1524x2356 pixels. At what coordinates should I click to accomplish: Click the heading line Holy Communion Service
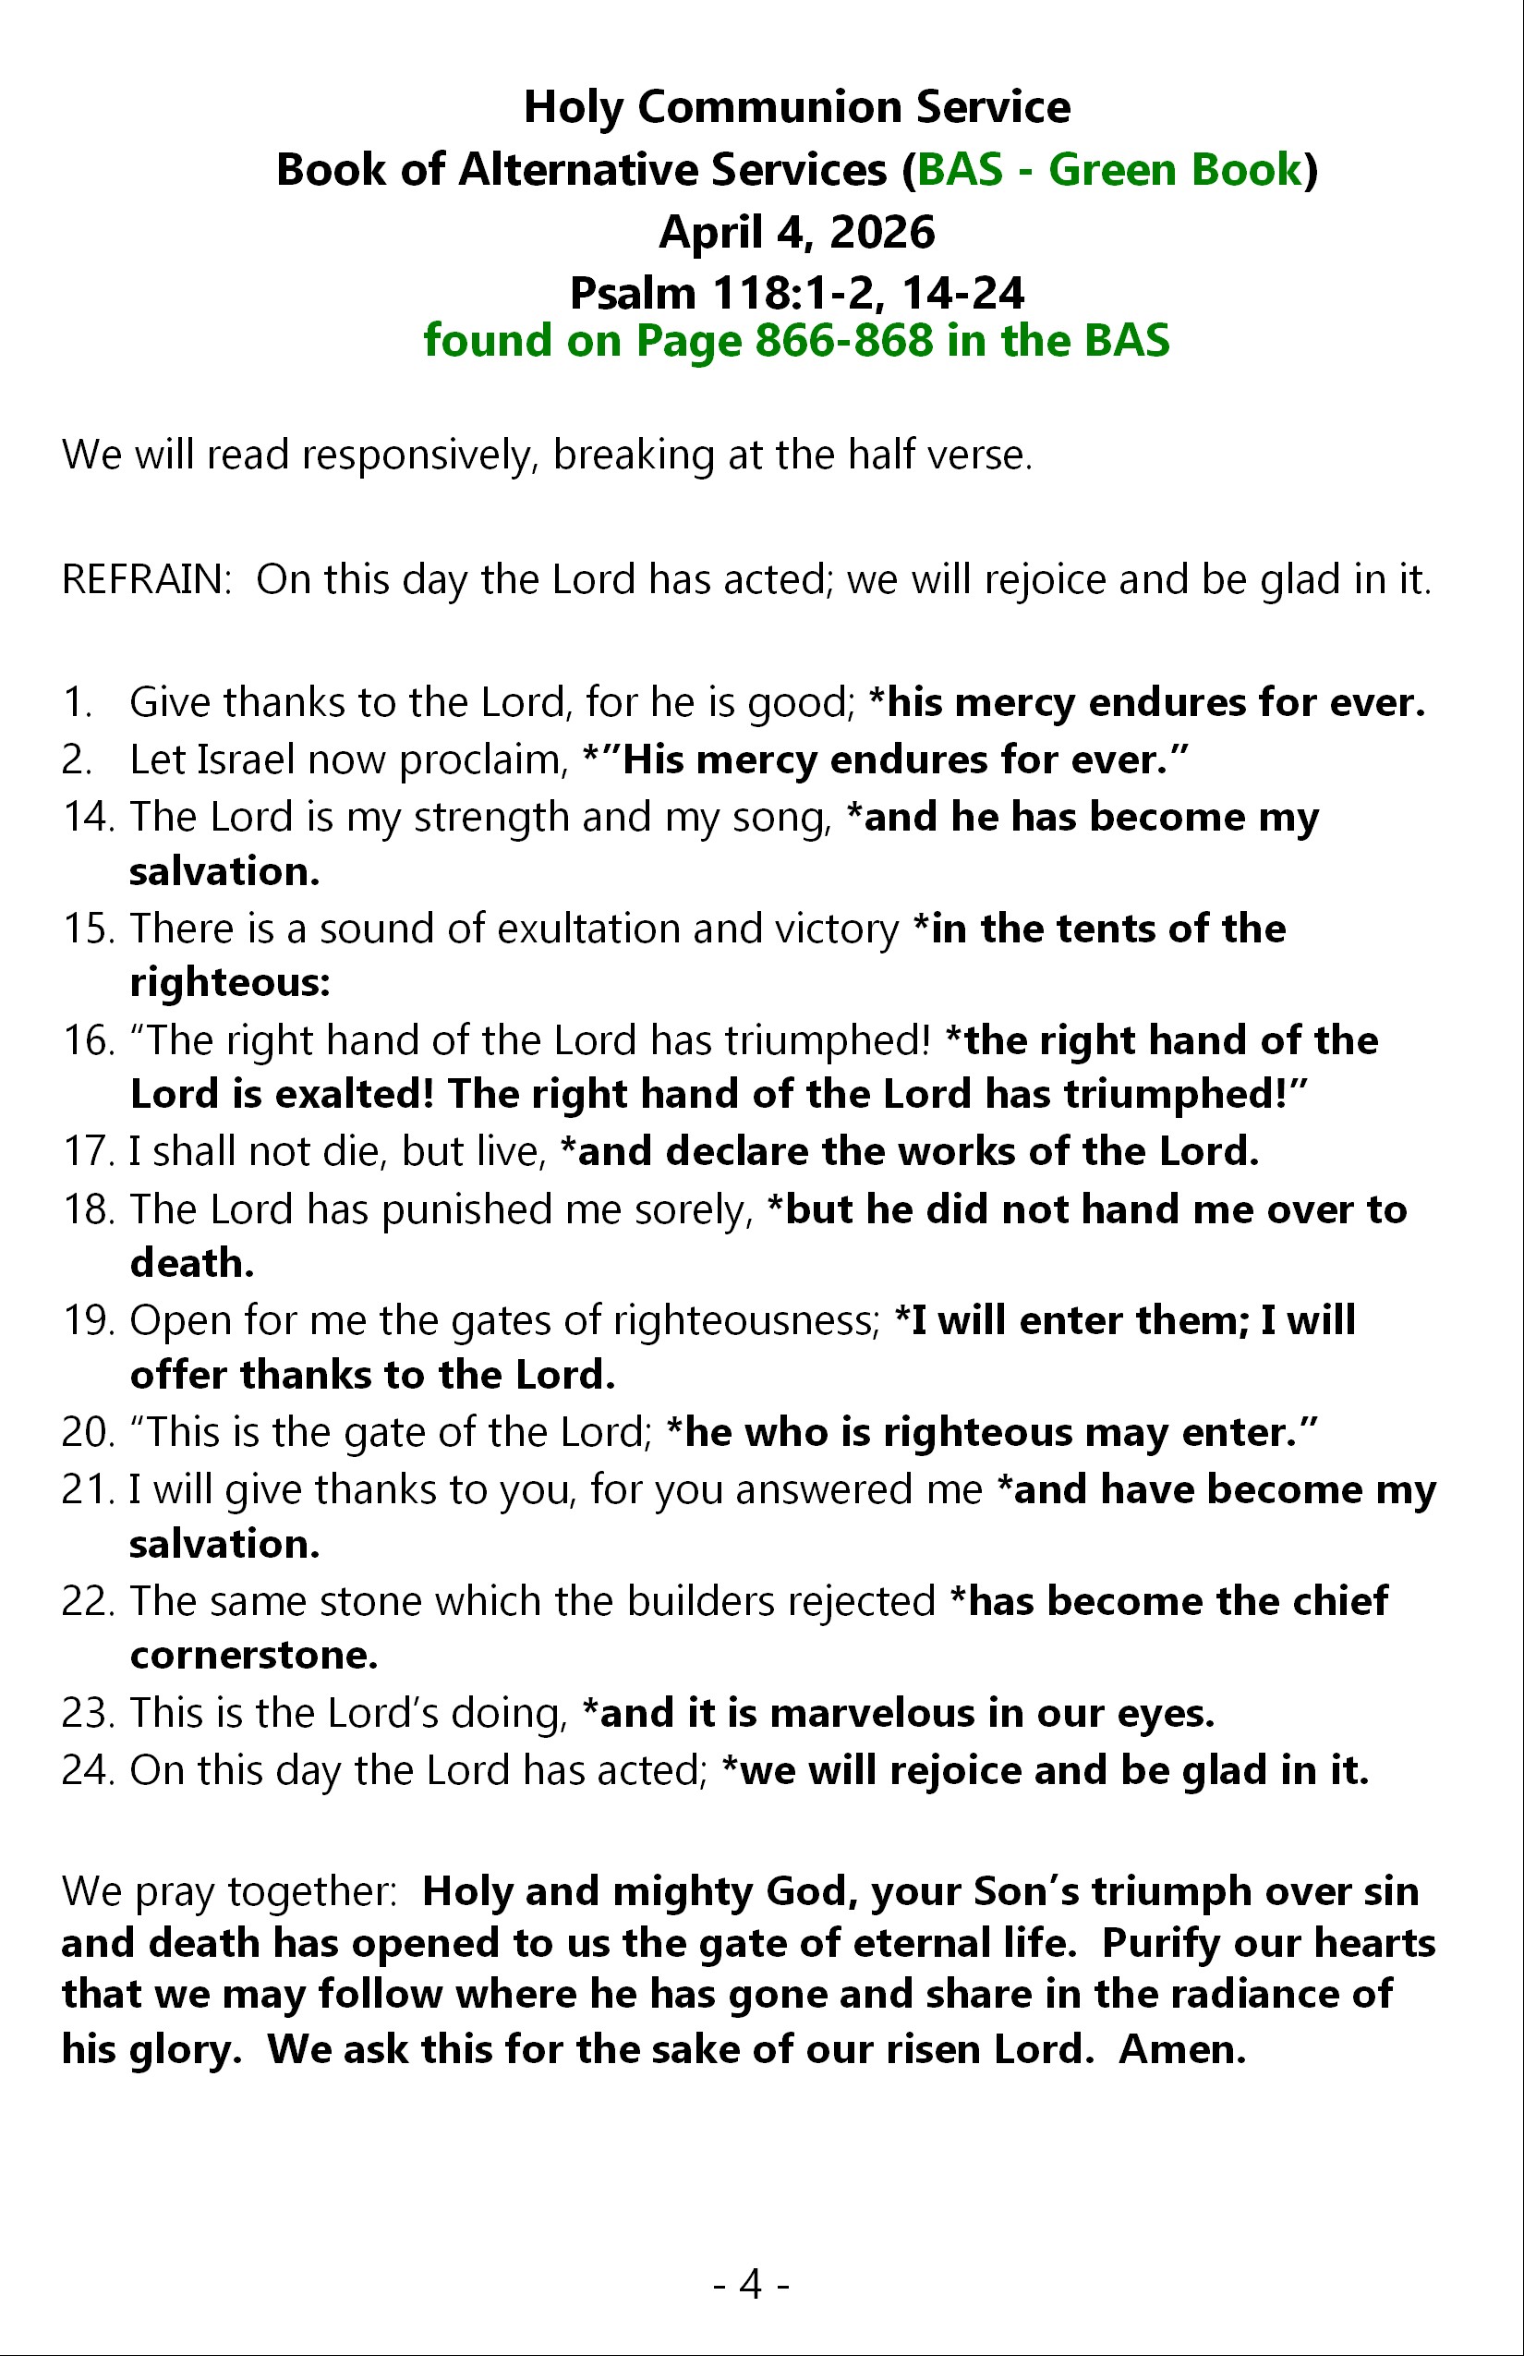point(795,107)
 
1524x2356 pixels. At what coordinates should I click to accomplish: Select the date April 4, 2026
point(795,232)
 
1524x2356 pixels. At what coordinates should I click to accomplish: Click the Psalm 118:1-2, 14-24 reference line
point(795,293)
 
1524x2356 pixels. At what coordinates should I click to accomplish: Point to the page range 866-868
point(843,341)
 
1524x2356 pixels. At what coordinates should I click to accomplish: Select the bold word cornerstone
point(253,1655)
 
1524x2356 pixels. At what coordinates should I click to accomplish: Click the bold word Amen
point(1181,2049)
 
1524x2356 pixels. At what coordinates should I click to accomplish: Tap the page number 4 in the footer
point(751,2284)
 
